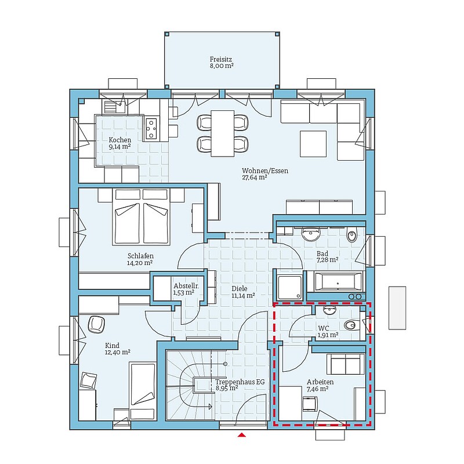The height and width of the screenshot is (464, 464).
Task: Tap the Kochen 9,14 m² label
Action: coord(120,143)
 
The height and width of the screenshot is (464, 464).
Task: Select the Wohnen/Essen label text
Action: coord(265,171)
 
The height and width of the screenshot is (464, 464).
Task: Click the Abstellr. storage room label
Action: coord(186,286)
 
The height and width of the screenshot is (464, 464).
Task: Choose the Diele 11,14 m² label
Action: coord(243,292)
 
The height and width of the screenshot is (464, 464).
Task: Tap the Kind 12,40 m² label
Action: coord(118,349)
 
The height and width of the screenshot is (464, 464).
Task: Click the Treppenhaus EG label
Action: coord(240,382)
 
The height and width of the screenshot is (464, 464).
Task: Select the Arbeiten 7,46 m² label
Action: coord(320,385)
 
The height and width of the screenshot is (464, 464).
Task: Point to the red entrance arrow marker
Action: coord(242,434)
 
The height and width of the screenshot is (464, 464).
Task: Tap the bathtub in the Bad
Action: coord(338,281)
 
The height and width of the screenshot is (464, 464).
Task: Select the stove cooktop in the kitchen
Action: coord(151,129)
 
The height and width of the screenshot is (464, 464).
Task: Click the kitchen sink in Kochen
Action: coord(114,106)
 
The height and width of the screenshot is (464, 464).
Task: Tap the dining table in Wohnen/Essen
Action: coord(223,133)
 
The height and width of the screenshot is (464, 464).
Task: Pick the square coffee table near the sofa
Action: coord(313,144)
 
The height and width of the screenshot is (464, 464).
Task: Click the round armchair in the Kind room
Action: coord(96,324)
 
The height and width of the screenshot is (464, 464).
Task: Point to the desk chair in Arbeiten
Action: coord(310,404)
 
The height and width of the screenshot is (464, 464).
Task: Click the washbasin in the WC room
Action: coord(329,310)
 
